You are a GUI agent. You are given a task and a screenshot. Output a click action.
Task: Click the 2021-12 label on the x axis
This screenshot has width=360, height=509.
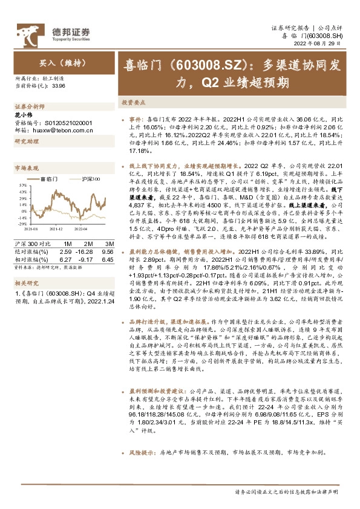[56, 229]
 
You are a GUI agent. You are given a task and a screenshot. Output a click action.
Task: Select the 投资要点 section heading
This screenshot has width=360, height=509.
[134, 102]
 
